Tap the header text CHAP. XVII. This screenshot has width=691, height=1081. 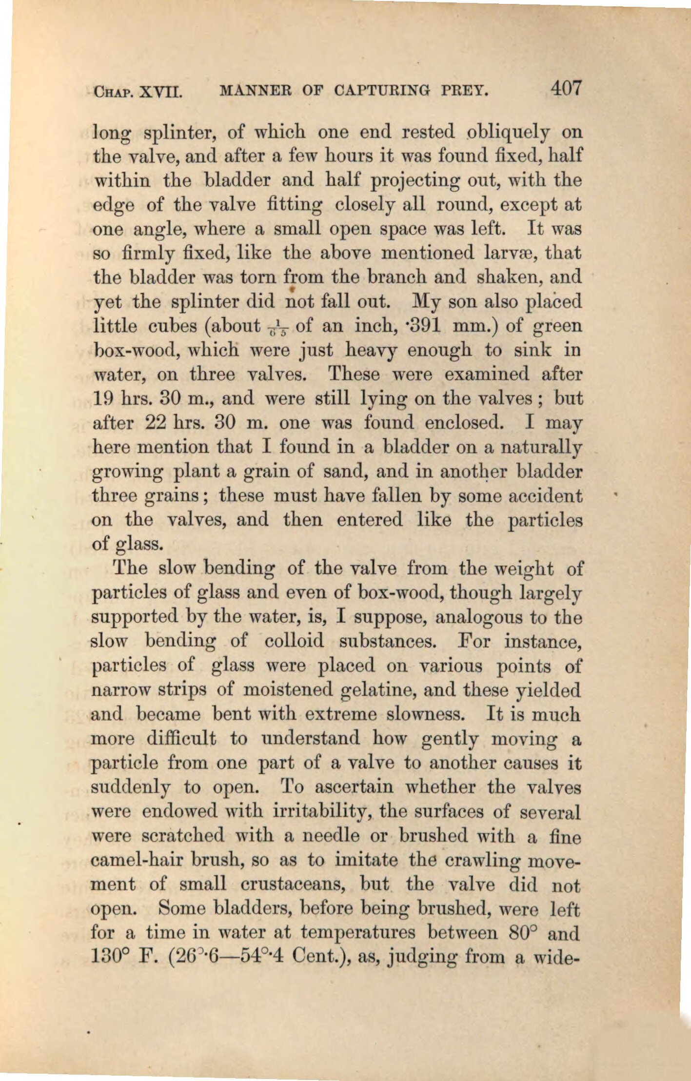point(138,91)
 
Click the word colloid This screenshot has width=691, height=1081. point(294,641)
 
